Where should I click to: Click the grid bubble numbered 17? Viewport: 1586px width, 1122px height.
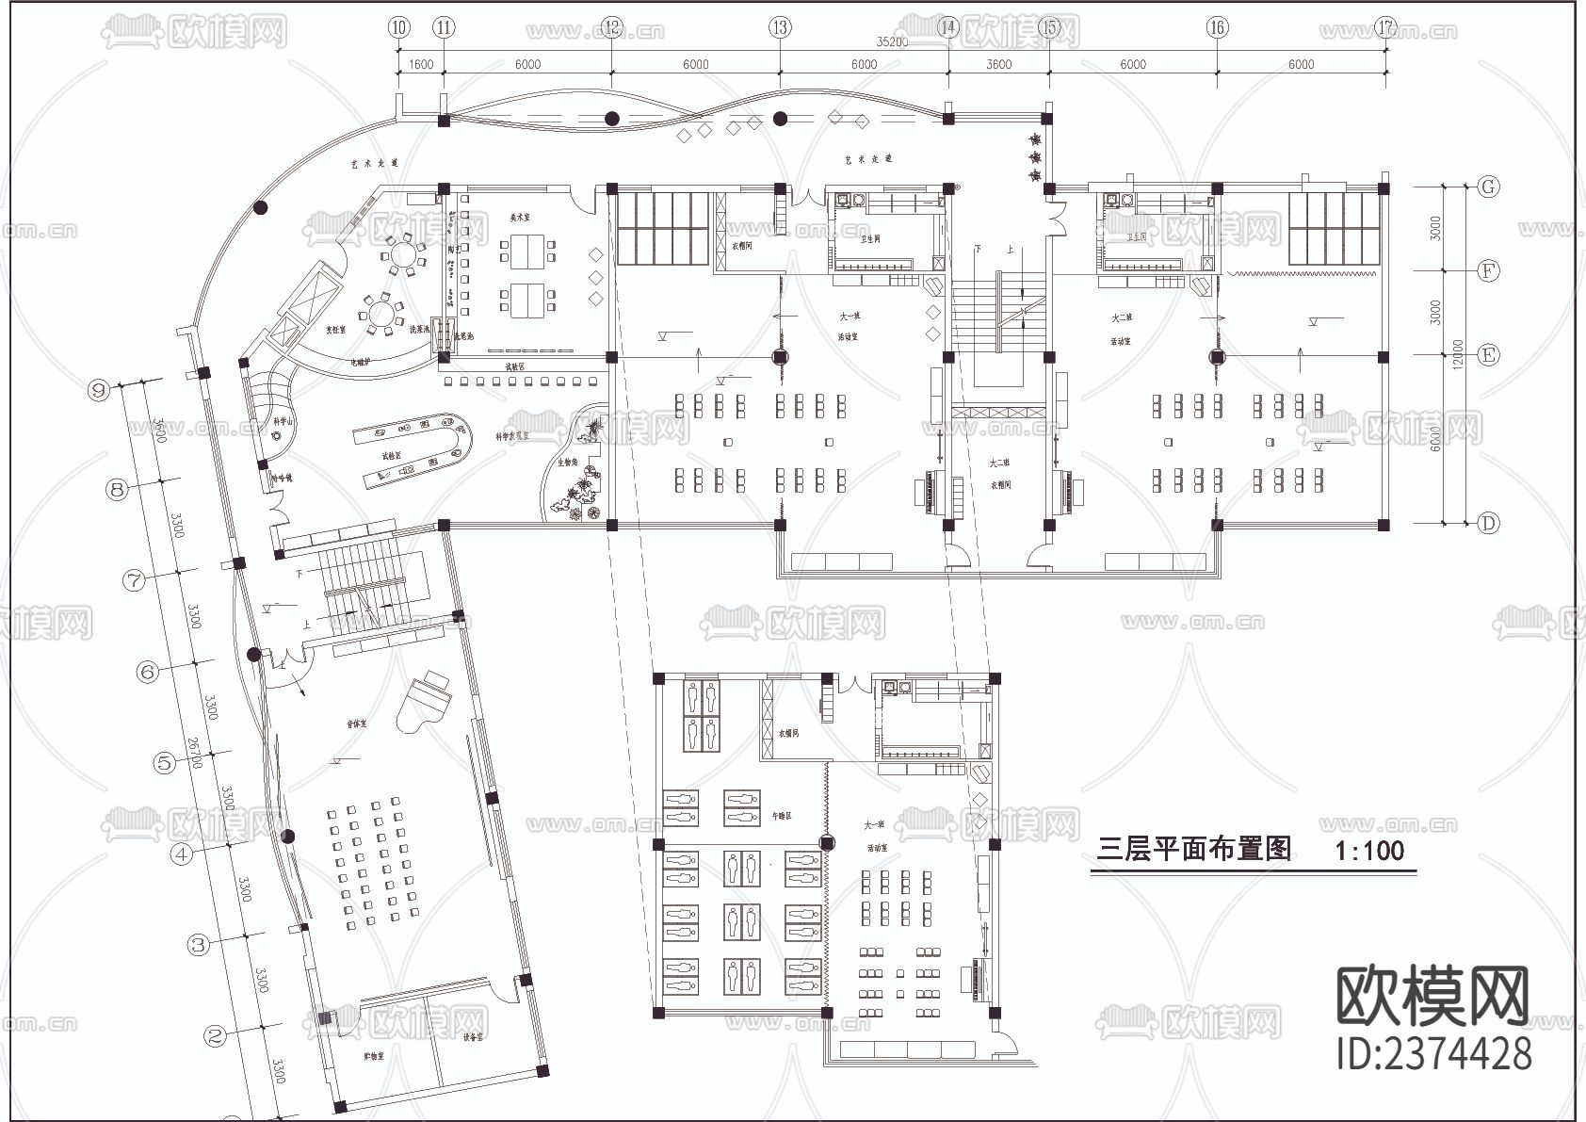(x=1384, y=27)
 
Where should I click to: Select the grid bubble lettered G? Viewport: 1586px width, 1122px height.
(x=1488, y=187)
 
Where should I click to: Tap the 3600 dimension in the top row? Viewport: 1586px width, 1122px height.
(x=998, y=64)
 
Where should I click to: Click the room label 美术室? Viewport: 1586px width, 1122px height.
(x=520, y=217)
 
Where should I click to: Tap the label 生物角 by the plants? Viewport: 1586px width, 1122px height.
(x=567, y=463)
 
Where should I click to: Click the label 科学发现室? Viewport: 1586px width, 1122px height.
(x=512, y=436)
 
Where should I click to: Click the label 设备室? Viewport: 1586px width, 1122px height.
(x=473, y=1036)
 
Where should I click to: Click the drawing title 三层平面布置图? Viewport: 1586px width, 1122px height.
(x=1195, y=850)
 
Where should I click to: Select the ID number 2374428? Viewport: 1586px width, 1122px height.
(x=1433, y=1052)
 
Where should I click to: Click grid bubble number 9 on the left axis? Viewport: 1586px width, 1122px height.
(x=98, y=389)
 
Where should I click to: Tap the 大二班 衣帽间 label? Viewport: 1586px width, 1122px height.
(x=999, y=474)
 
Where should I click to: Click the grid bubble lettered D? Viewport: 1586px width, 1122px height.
(x=1488, y=523)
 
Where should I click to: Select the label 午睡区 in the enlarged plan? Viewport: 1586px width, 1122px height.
(x=782, y=816)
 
